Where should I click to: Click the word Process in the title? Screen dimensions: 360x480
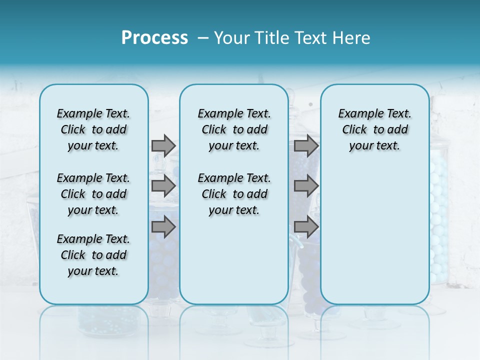pyautogui.click(x=154, y=38)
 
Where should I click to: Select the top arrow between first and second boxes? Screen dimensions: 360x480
pyautogui.click(x=163, y=145)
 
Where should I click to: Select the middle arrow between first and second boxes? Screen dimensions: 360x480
pyautogui.click(x=163, y=186)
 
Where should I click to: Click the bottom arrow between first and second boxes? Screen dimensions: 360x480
pyautogui.click(x=163, y=227)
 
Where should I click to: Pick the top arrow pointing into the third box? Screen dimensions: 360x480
pyautogui.click(x=306, y=145)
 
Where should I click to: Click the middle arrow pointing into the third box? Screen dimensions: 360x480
pyautogui.click(x=306, y=186)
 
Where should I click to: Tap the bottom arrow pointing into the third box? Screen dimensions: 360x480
pyautogui.click(x=306, y=227)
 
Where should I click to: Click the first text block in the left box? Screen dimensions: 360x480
pyautogui.click(x=93, y=129)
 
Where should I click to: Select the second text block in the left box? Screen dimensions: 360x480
pyautogui.click(x=93, y=194)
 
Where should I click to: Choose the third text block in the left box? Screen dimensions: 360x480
pyautogui.click(x=93, y=255)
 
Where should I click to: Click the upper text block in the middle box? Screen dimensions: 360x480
pyautogui.click(x=234, y=129)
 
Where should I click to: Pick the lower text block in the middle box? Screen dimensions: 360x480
pyautogui.click(x=234, y=194)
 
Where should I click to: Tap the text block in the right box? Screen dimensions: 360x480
pyautogui.click(x=374, y=129)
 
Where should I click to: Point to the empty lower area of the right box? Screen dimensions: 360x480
pyautogui.click(x=374, y=235)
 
